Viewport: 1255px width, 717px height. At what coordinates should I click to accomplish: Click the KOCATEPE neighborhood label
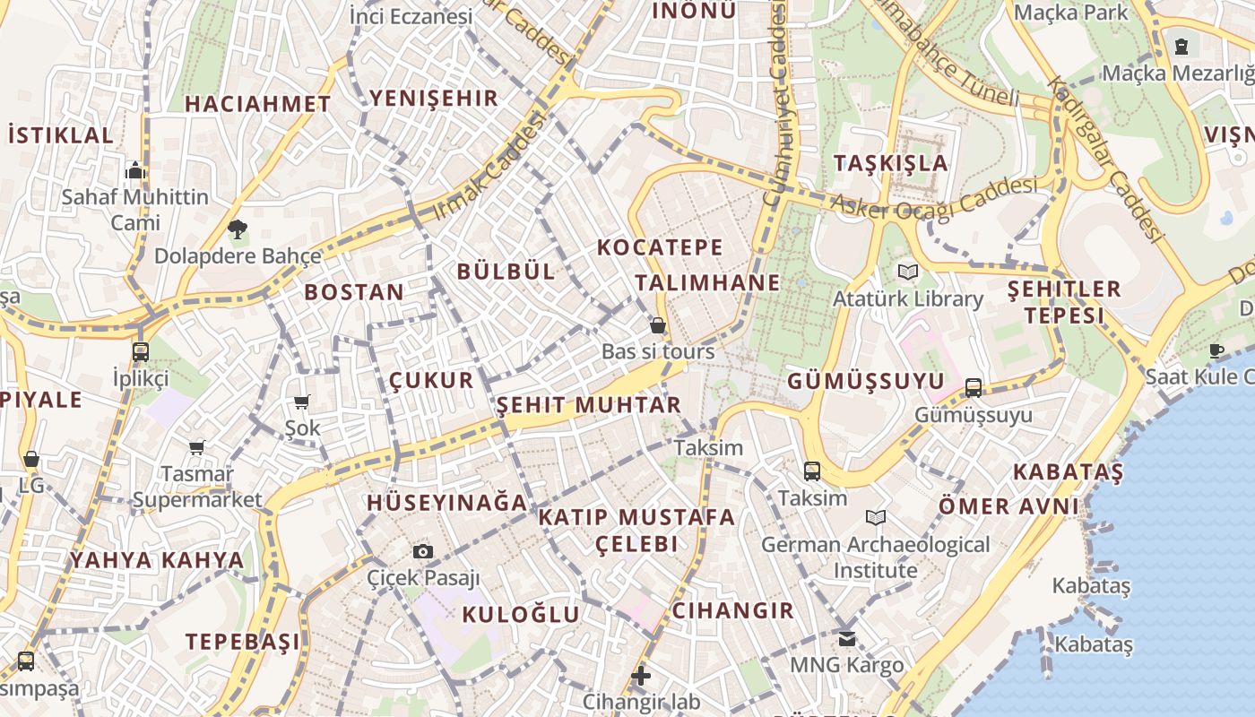(x=659, y=246)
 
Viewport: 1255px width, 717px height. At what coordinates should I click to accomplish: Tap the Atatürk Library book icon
(x=908, y=272)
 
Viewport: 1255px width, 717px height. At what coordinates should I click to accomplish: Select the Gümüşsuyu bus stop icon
(x=974, y=388)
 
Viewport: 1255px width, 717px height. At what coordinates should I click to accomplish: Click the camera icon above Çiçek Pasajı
(x=423, y=551)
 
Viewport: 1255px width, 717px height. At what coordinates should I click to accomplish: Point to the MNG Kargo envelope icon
(x=846, y=639)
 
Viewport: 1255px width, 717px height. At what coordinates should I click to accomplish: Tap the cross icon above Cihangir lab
(x=641, y=675)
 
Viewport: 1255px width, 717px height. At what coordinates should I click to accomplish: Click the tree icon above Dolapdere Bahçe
(x=238, y=230)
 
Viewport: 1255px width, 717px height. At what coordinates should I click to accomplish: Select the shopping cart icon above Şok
(x=302, y=402)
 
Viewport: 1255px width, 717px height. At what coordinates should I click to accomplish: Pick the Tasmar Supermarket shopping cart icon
(x=197, y=446)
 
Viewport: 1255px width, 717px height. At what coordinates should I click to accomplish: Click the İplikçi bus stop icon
(x=141, y=351)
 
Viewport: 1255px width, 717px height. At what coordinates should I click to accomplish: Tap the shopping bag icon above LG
(x=31, y=459)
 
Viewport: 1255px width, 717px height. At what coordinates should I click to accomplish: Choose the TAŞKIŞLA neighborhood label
(x=890, y=163)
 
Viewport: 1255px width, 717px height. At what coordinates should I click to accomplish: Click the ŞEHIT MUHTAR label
(x=589, y=405)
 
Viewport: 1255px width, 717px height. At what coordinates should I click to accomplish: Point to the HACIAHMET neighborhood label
(x=258, y=104)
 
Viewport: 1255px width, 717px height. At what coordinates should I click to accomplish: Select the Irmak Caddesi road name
(x=489, y=168)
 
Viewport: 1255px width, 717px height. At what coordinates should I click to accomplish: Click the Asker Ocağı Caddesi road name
(x=933, y=198)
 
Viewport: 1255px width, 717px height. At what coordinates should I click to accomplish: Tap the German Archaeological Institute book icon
(x=876, y=517)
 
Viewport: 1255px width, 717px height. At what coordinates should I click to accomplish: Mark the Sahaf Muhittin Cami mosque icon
(x=135, y=170)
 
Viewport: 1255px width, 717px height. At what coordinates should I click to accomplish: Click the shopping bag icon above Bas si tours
(x=658, y=325)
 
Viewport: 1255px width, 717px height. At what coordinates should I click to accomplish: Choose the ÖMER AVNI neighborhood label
(x=1008, y=506)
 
